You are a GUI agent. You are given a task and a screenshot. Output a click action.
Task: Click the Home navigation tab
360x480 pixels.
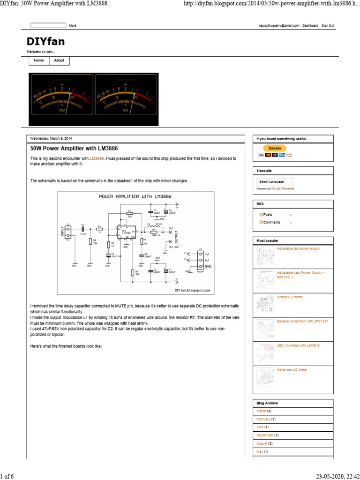pyautogui.click(x=39, y=60)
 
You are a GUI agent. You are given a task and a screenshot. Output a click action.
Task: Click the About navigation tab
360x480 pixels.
pyautogui.click(x=59, y=60)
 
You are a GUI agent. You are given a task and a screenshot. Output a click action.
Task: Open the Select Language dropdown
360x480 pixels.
pyautogui.click(x=274, y=181)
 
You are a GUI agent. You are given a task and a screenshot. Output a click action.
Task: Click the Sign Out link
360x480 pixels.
pyautogui.click(x=328, y=25)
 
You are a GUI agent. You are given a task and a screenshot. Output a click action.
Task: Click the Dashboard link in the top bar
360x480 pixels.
pyautogui.click(x=310, y=25)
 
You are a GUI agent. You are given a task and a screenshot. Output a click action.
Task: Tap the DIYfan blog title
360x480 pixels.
pyautogui.click(x=46, y=42)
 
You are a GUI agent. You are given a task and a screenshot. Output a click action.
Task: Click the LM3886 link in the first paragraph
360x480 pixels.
pyautogui.click(x=97, y=158)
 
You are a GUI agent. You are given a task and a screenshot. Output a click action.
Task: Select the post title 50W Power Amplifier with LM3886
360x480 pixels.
pyautogui.click(x=74, y=148)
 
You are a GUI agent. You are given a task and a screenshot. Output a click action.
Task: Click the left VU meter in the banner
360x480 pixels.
pyautogui.click(x=61, y=99)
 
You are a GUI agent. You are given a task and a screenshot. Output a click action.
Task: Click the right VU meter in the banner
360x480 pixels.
pyautogui.click(x=126, y=99)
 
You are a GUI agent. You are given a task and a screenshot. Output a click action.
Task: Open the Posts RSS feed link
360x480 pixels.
pyautogui.click(x=268, y=214)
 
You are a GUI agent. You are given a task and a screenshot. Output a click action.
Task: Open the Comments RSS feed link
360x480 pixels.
pyautogui.click(x=271, y=222)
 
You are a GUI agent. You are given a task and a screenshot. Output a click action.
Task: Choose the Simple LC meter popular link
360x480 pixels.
pyautogui.click(x=289, y=297)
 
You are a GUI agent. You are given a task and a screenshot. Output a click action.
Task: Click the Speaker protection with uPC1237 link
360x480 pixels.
pyautogui.click(x=301, y=321)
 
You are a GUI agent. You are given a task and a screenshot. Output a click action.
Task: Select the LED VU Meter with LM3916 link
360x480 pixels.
pyautogui.click(x=298, y=345)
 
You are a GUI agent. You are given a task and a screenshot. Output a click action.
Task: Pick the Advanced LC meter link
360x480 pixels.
pyautogui.click(x=292, y=369)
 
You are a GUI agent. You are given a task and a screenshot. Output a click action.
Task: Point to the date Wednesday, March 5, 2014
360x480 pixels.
pyautogui.click(x=51, y=139)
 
